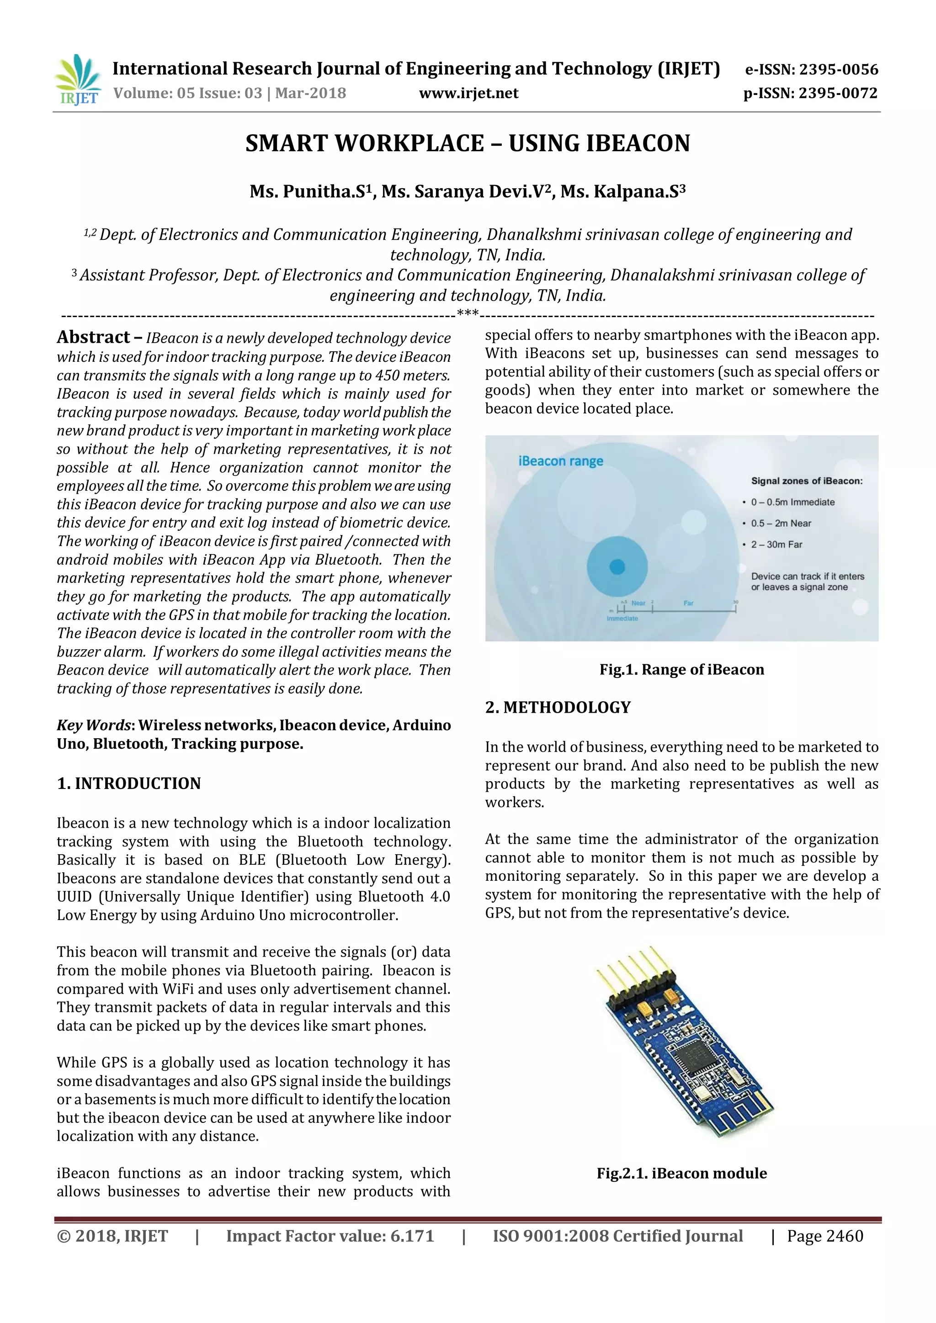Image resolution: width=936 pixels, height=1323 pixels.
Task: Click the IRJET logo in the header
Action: point(78,79)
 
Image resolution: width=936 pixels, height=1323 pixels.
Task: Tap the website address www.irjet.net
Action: point(468,93)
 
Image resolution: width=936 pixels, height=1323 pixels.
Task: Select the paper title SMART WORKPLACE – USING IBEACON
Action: point(468,143)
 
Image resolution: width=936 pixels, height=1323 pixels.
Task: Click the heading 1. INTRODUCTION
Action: point(128,783)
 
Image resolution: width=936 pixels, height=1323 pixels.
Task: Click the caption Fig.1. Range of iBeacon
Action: point(681,670)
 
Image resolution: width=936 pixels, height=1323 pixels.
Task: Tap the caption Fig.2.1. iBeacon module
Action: point(681,1173)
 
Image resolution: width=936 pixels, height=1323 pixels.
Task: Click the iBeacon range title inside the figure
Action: point(560,461)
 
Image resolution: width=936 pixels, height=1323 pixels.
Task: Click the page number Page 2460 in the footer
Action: point(825,1236)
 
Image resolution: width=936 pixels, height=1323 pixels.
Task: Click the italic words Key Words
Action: point(94,725)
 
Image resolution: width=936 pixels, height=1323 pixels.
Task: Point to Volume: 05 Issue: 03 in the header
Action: point(188,93)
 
